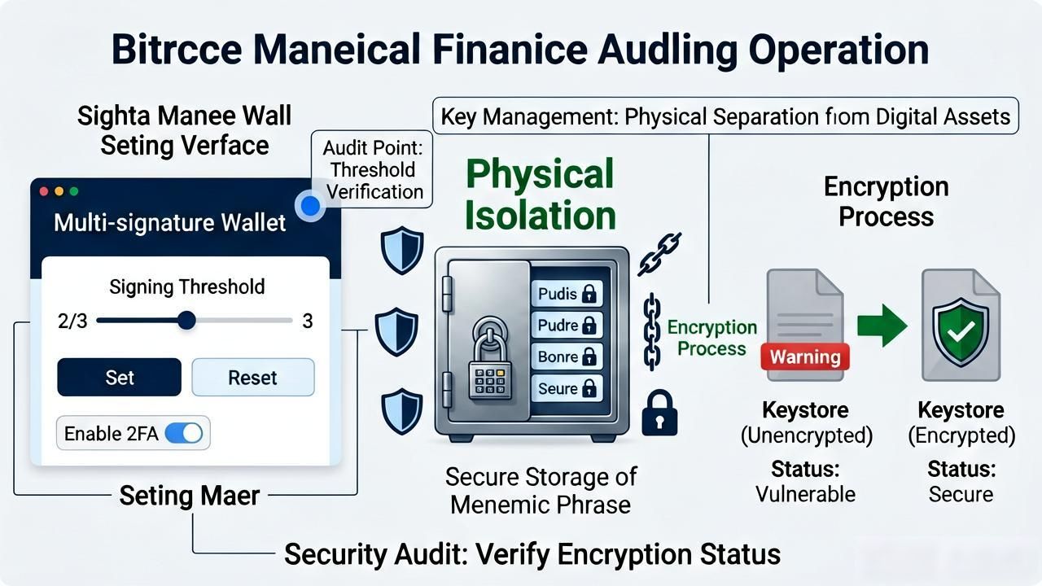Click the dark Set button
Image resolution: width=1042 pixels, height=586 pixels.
click(x=119, y=377)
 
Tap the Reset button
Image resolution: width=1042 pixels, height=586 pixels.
click(x=253, y=377)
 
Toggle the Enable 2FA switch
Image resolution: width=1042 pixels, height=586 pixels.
click(x=184, y=434)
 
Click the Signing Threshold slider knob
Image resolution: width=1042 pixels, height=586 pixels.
click(x=186, y=321)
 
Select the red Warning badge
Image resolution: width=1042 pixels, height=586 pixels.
click(x=805, y=356)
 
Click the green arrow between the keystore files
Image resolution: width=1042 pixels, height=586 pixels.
click(x=882, y=326)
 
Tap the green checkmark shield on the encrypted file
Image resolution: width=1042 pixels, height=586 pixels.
click(x=961, y=331)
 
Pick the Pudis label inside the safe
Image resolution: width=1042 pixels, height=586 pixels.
click(x=567, y=294)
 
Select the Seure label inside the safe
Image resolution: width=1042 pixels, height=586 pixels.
click(x=567, y=388)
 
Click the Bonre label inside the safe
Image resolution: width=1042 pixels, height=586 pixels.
click(x=567, y=356)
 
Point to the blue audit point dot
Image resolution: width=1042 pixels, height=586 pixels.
click(x=310, y=206)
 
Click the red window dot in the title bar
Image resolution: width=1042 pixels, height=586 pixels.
click(x=44, y=191)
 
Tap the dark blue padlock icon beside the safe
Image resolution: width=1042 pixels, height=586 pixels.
click(x=659, y=413)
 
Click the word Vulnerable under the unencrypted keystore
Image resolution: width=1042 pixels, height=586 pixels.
click(x=805, y=494)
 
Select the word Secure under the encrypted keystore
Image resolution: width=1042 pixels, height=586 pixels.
click(x=961, y=494)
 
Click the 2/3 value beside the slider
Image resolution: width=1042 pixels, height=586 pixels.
click(x=72, y=321)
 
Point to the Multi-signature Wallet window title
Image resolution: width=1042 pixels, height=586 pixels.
click(x=170, y=222)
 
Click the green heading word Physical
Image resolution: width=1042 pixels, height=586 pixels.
click(x=540, y=173)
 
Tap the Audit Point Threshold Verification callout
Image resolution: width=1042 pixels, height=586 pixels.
click(x=372, y=169)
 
